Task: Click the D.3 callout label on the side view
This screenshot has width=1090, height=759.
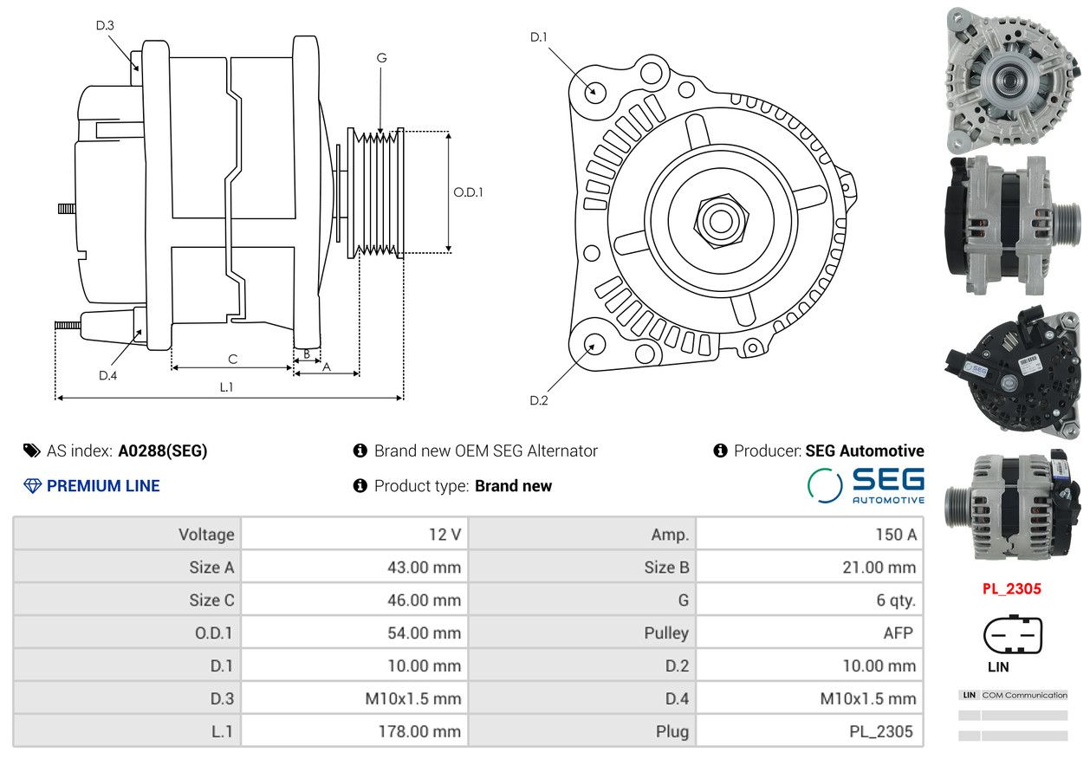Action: (x=105, y=25)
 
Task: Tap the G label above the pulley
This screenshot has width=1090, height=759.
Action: (x=382, y=58)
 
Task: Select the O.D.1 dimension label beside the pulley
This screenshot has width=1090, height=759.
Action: (x=468, y=192)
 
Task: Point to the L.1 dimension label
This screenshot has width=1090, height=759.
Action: (x=226, y=387)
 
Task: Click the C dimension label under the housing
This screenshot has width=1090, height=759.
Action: (x=232, y=359)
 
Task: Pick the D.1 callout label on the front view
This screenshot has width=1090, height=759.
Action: (x=539, y=37)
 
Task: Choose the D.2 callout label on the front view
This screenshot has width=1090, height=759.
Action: (x=539, y=400)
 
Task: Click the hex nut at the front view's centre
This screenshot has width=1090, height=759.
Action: (x=720, y=222)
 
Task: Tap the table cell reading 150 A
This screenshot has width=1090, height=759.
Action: (x=896, y=535)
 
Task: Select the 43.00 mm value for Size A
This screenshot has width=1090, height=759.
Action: (x=424, y=568)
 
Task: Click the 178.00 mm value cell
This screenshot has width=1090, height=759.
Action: (x=419, y=731)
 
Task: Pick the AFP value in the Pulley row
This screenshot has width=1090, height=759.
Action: (x=899, y=633)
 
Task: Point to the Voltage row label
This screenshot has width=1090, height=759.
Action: (x=206, y=535)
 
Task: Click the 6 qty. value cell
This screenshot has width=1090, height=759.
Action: (x=896, y=600)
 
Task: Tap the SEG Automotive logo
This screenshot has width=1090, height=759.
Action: (x=866, y=485)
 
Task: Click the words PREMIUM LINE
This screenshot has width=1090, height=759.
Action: (x=103, y=486)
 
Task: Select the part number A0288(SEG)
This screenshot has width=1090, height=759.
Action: (x=163, y=451)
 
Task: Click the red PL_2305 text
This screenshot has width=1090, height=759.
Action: (x=1012, y=589)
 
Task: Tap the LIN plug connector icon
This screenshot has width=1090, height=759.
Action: (x=1013, y=634)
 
